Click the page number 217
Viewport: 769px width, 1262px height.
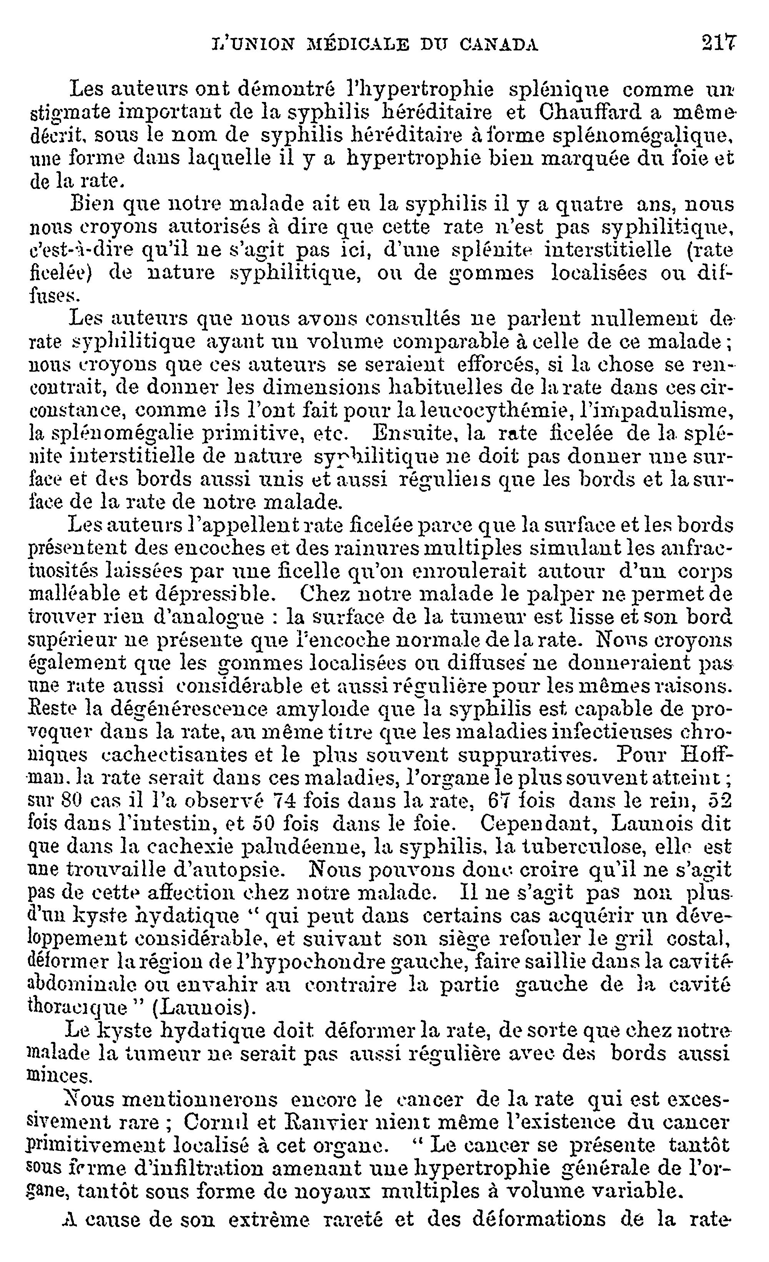click(719, 42)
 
